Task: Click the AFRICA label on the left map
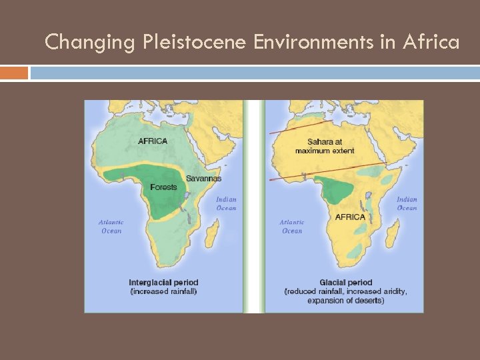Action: (153, 141)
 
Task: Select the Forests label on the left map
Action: (163, 187)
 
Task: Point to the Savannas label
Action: (203, 178)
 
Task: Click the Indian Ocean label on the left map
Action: (226, 203)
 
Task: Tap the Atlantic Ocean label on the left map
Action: (111, 227)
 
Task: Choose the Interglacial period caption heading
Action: (163, 283)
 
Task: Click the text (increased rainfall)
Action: (163, 291)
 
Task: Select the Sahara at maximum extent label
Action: (325, 146)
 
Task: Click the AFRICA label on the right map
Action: (350, 217)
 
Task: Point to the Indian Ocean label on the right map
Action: (407, 203)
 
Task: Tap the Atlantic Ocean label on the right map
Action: (292, 227)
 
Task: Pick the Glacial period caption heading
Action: (345, 283)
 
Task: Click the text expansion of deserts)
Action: (345, 301)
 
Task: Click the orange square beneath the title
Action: (14, 73)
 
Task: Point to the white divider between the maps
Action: (253, 207)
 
